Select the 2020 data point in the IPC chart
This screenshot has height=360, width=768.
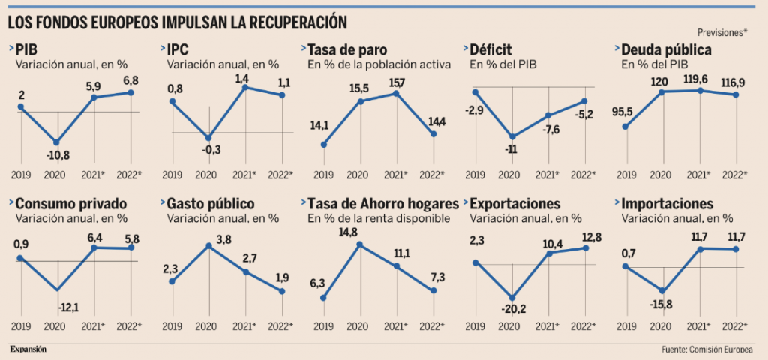[209, 138]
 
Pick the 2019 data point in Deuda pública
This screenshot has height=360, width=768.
[625, 126]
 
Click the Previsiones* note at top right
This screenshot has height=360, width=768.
[722, 32]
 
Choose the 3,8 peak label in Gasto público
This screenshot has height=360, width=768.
[223, 239]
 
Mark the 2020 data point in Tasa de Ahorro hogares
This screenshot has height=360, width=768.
[361, 244]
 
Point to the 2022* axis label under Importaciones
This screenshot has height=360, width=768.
[734, 326]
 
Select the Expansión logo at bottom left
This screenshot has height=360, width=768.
[28, 349]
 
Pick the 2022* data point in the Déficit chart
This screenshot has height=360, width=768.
[584, 100]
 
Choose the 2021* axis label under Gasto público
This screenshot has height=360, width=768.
[245, 326]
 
